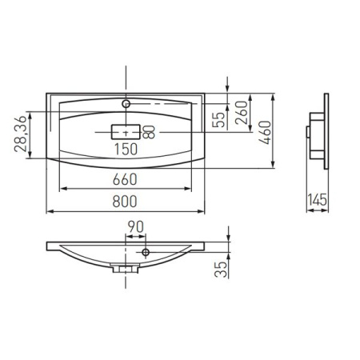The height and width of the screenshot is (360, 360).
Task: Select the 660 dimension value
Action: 126,178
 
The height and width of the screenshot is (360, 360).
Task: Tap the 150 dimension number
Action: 126,148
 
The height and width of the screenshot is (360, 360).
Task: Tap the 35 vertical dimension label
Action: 220,266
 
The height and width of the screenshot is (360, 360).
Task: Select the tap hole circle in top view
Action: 126,104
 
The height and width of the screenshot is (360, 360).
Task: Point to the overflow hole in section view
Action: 146,253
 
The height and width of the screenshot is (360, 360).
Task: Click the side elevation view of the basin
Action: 318,132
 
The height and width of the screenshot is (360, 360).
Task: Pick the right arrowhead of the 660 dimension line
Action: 190,188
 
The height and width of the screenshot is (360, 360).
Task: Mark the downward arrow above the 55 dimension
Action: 229,87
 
